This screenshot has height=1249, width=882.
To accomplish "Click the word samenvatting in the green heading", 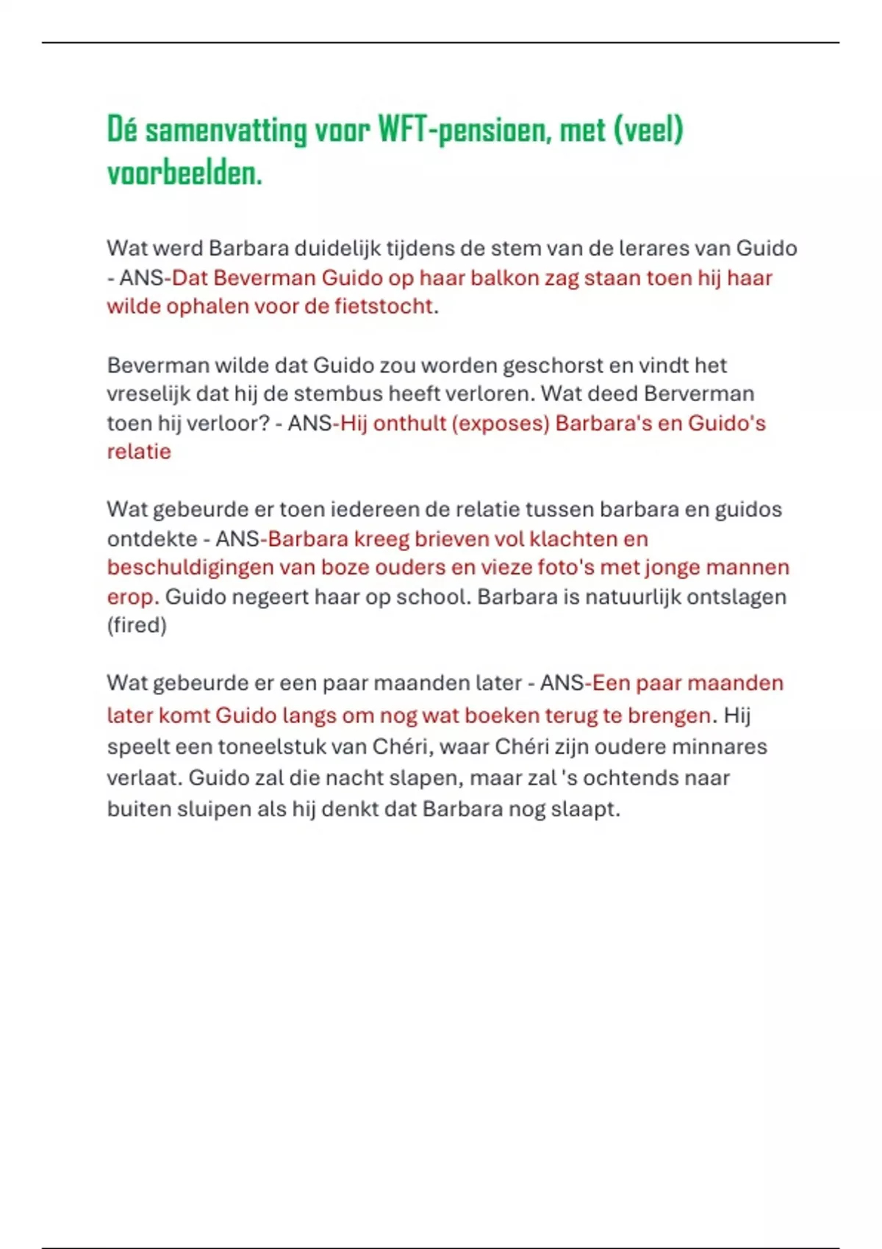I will tap(226, 131).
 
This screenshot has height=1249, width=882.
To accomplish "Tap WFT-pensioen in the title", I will tap(463, 131).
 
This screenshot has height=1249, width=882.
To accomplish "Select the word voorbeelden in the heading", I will tap(184, 174).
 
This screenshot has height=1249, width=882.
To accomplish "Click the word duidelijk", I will tap(337, 248).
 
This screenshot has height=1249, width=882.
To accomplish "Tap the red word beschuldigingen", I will tap(190, 567).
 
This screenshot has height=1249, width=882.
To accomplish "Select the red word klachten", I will tap(573, 539).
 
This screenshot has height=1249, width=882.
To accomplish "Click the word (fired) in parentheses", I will tap(137, 625).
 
